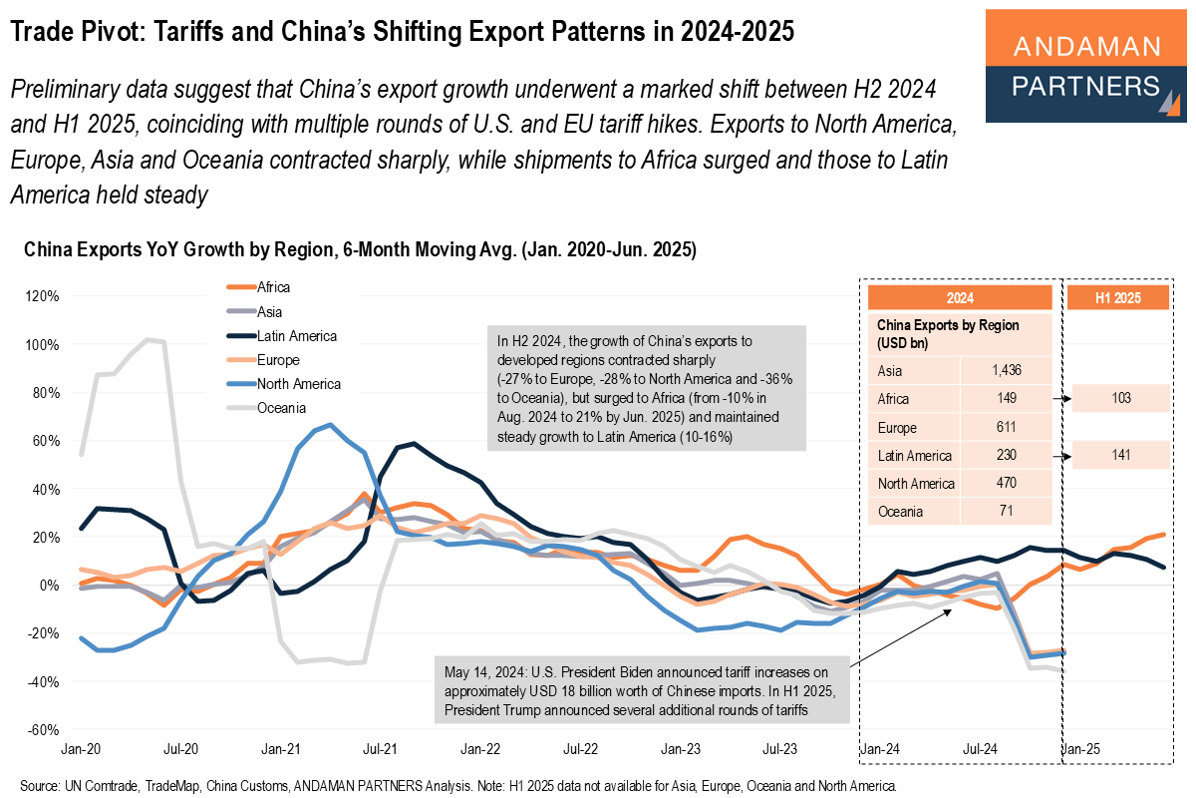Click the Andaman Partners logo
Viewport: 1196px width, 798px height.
coord(1086,66)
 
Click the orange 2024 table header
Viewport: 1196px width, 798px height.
coord(960,297)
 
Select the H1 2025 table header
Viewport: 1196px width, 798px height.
coord(1117,297)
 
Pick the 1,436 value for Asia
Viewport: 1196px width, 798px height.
coord(1006,370)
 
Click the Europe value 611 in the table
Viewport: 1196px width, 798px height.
coord(1006,427)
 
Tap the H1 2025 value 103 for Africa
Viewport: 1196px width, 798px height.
coord(1117,399)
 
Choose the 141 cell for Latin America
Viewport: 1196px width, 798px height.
coord(1117,456)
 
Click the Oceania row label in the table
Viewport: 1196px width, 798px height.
coord(900,512)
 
